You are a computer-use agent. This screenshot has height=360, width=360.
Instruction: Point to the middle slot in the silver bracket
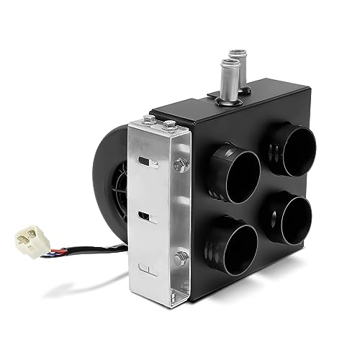coord(144,216)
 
